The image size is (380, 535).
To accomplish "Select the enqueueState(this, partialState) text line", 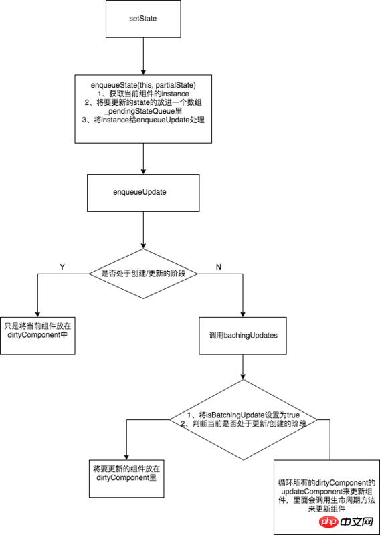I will coord(144,85).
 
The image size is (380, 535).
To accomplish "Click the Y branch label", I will coord(62,266).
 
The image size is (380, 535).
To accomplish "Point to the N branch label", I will coord(219,266).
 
